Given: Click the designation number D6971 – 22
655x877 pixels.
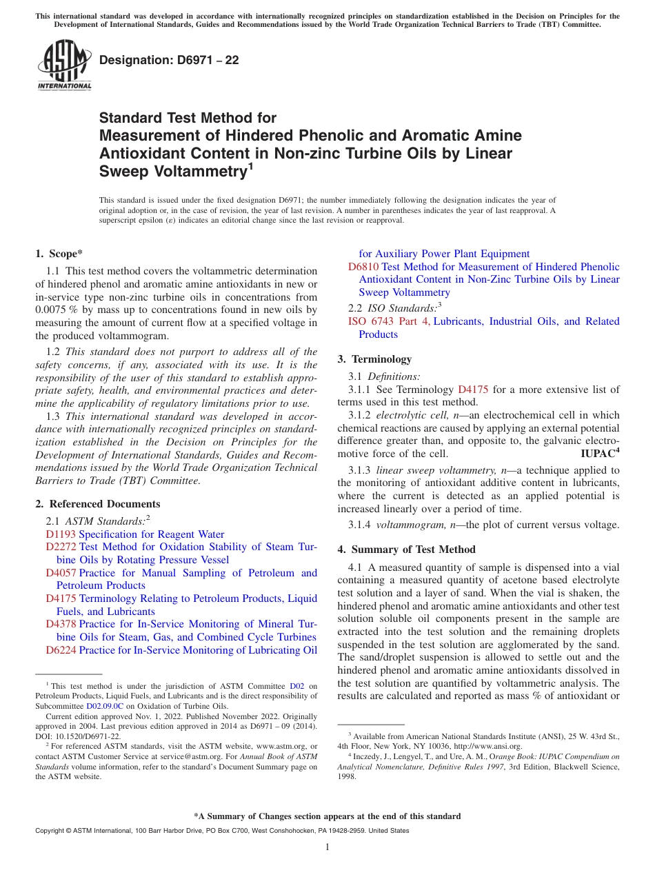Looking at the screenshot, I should [169, 60].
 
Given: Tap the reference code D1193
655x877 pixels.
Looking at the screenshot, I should [61, 534].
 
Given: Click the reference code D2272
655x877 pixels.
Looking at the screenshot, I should [61, 547].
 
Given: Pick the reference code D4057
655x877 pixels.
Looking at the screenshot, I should [61, 573].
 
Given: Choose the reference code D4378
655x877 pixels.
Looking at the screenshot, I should [61, 624].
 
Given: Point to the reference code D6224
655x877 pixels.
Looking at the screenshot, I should [61, 650].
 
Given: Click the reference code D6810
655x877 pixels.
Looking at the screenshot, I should [363, 267].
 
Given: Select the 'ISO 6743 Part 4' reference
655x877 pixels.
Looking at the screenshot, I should [389, 321].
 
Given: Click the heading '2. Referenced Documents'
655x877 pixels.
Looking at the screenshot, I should [98, 504].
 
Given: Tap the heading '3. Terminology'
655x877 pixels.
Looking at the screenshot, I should [374, 359].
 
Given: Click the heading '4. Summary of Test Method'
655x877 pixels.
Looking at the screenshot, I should [406, 550].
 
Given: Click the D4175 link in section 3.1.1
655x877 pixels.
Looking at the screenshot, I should [472, 390].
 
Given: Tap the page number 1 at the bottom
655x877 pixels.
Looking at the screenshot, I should [327, 847].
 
